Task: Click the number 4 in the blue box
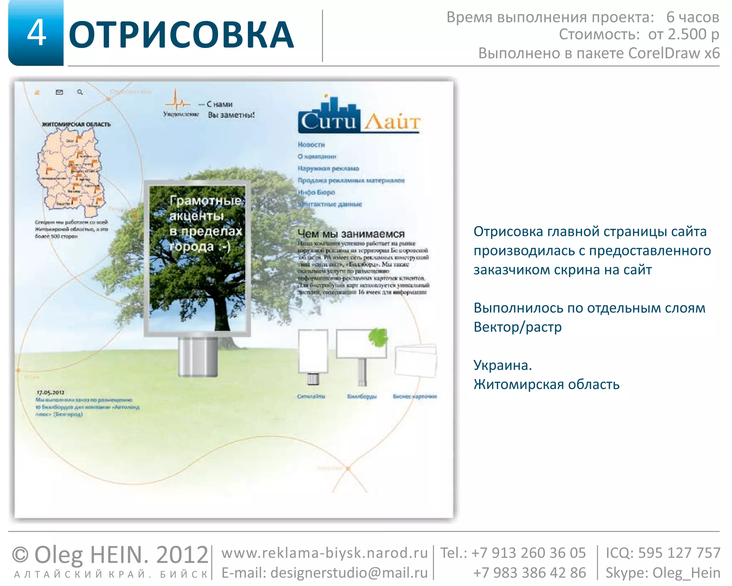(37, 33)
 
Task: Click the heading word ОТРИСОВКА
(181, 35)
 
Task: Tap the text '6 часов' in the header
(692, 17)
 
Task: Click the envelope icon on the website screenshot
(59, 92)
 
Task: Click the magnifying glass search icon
(80, 92)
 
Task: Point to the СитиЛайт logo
(359, 116)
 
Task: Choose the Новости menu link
(311, 145)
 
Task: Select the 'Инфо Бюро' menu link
(317, 192)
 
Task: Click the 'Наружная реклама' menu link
(328, 168)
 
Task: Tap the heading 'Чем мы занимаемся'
(351, 234)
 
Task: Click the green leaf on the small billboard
(378, 337)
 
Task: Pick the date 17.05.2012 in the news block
(50, 392)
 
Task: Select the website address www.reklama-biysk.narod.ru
(324, 553)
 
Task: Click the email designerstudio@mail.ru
(349, 573)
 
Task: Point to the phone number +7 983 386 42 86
(529, 573)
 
